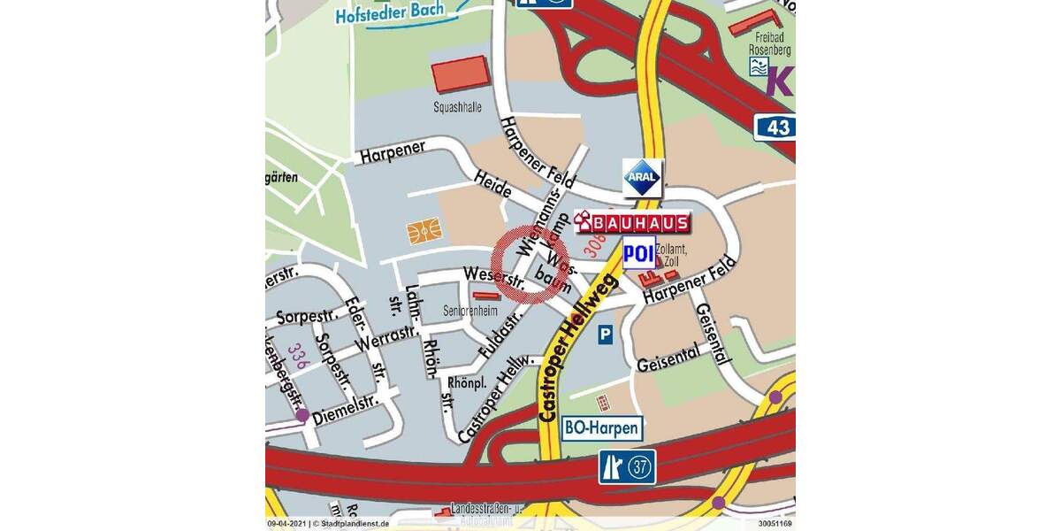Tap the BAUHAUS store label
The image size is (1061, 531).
[x=631, y=222]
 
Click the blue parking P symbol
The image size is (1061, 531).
[x=605, y=335]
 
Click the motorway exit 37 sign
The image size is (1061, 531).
[x=628, y=467]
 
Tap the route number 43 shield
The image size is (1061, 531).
[x=776, y=127]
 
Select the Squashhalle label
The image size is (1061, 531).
[x=457, y=107]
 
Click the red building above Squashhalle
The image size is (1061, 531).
[x=460, y=74]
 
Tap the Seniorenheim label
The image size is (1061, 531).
[x=469, y=312]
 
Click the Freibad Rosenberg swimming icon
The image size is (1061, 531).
[x=759, y=65]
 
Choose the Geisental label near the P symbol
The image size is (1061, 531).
[x=668, y=358]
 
